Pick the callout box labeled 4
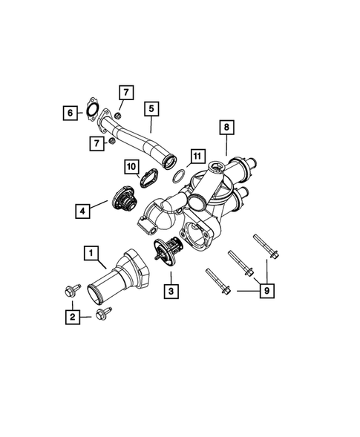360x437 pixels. click(x=82, y=211)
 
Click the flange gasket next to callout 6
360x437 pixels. click(x=92, y=109)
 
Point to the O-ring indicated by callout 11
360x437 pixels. click(x=177, y=177)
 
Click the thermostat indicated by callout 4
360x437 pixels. click(x=122, y=200)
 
